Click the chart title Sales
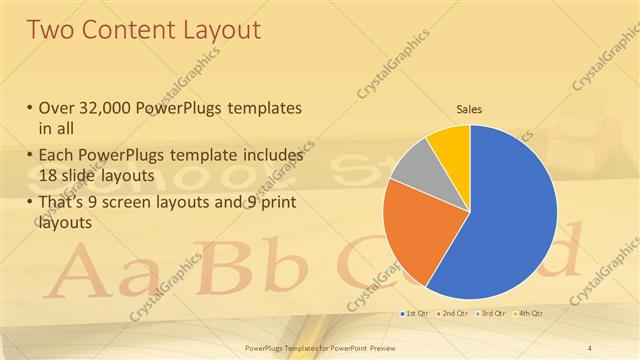coord(470,107)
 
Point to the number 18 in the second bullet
coord(50,175)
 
